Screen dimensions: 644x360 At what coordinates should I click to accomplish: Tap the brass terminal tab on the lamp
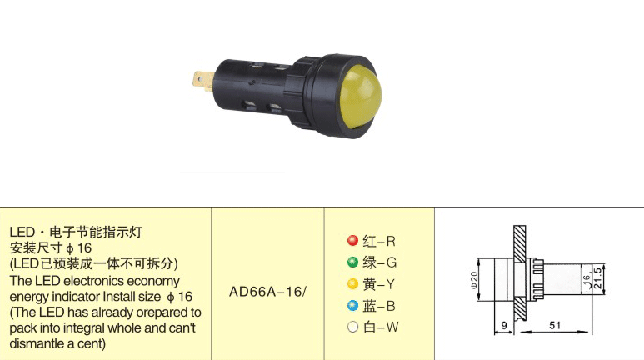point(204,80)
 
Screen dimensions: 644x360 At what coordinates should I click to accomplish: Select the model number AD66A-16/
point(267,292)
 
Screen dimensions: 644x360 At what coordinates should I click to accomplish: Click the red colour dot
point(352,240)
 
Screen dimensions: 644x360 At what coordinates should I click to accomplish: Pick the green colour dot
point(352,262)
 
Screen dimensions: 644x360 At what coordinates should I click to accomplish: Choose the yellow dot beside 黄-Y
point(352,283)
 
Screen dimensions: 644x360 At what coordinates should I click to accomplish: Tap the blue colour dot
point(352,305)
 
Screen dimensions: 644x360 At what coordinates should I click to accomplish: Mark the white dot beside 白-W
point(352,327)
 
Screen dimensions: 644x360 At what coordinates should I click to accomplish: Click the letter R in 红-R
point(391,241)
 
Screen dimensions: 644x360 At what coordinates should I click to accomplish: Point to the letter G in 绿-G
point(392,262)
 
